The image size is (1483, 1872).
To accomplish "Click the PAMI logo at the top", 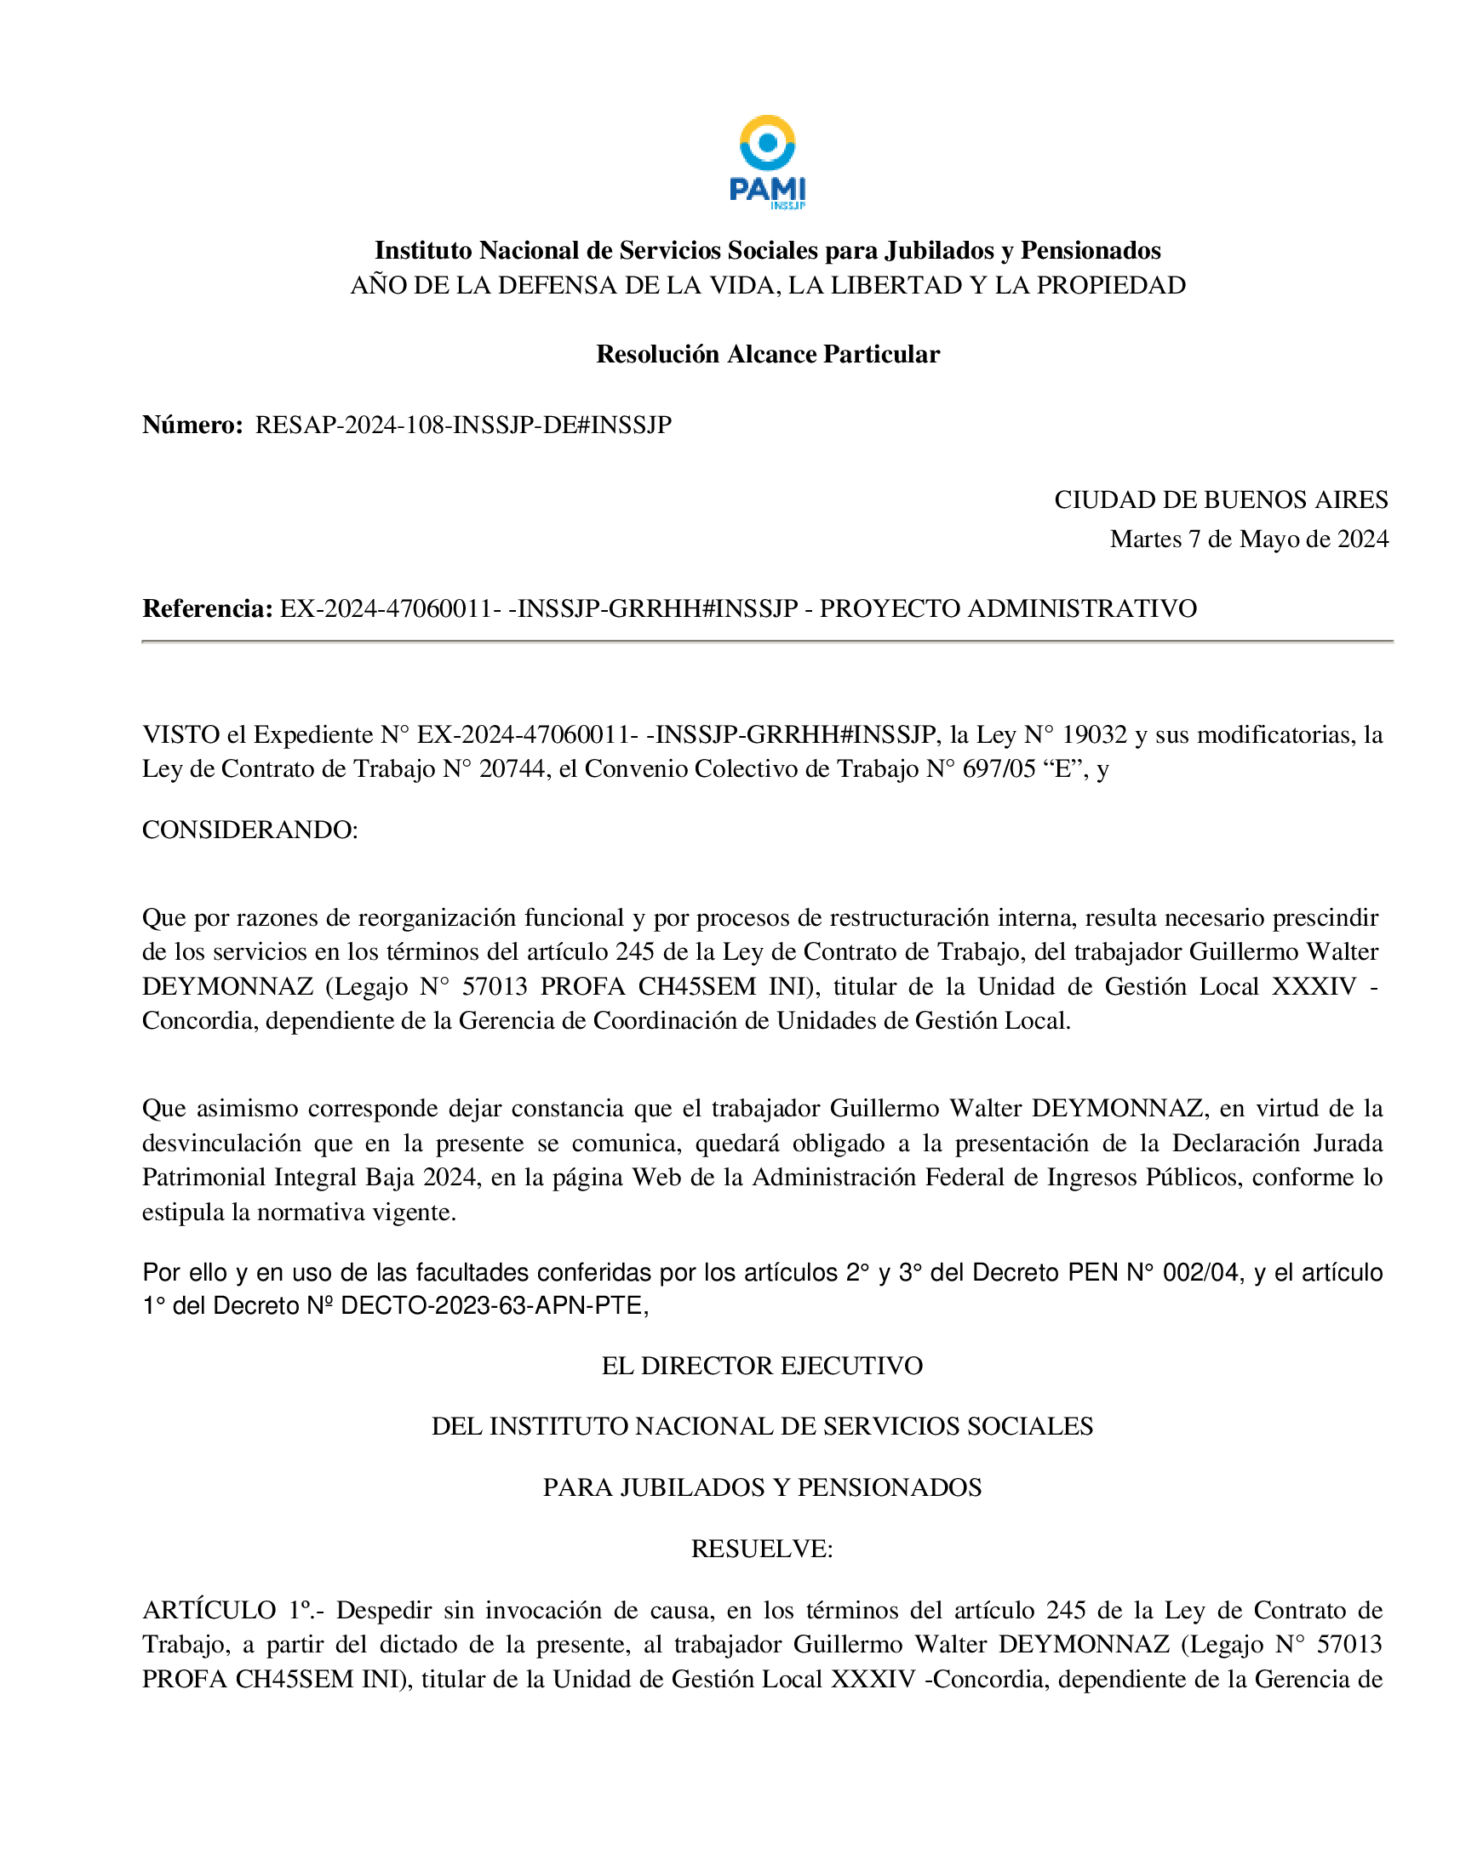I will [x=768, y=163].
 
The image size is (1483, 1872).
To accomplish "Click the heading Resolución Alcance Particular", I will [x=768, y=354].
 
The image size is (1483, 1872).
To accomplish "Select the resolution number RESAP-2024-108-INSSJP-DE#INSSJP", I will [x=464, y=425].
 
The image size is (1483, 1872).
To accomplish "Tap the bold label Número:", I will [x=192, y=425].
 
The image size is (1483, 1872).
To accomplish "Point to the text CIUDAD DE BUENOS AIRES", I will [x=1221, y=499].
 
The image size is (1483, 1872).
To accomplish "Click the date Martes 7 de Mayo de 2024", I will [x=1249, y=539].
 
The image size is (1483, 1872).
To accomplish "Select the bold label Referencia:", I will [x=208, y=609].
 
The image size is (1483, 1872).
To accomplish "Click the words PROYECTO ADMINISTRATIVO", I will [x=1008, y=609].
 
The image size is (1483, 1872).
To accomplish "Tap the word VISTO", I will [x=180, y=735].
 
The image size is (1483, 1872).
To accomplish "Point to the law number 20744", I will [x=514, y=769].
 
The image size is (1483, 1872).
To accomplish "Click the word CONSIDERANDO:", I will [x=250, y=830].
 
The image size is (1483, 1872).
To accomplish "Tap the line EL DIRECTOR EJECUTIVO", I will [x=762, y=1366].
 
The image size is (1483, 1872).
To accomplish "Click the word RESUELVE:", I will [x=762, y=1550].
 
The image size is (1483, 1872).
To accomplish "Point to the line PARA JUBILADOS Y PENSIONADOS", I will [x=762, y=1487].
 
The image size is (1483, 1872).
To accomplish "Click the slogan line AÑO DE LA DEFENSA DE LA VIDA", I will [x=768, y=286].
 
